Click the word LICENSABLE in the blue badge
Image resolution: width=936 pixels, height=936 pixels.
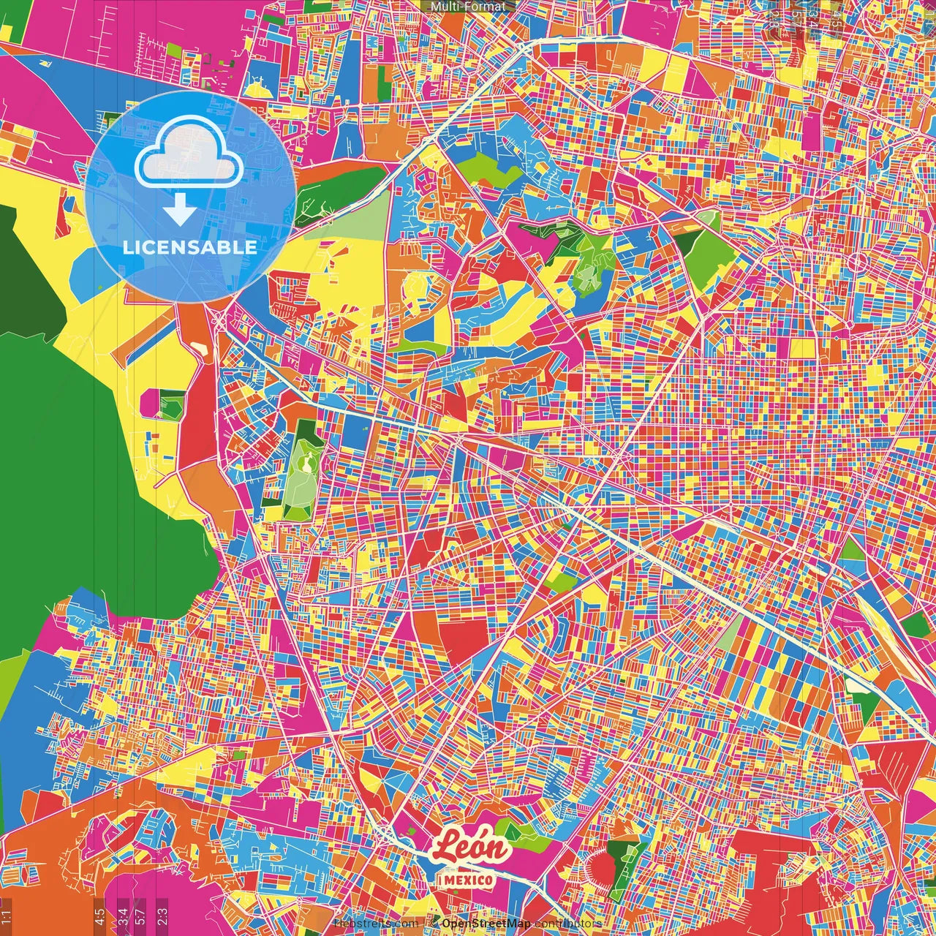(189, 247)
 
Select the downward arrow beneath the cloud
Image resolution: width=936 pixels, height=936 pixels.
(179, 211)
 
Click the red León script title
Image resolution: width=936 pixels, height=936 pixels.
(471, 848)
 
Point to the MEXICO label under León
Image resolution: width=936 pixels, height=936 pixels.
(467, 880)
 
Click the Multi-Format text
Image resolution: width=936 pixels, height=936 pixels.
(468, 7)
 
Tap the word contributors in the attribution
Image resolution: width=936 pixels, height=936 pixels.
(568, 924)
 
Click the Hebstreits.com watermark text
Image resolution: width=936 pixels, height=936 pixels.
(376, 924)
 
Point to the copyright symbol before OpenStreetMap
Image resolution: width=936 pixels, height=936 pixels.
(434, 924)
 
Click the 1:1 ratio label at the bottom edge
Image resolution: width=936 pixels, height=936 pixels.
(6, 915)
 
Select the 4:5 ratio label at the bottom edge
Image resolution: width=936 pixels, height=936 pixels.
(99, 915)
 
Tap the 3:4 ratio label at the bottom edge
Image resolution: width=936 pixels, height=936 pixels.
(123, 913)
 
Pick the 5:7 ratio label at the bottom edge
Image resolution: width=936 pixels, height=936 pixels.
(140, 913)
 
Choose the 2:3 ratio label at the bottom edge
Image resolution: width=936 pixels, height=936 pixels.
(162, 913)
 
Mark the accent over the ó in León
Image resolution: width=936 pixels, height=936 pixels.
(486, 834)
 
